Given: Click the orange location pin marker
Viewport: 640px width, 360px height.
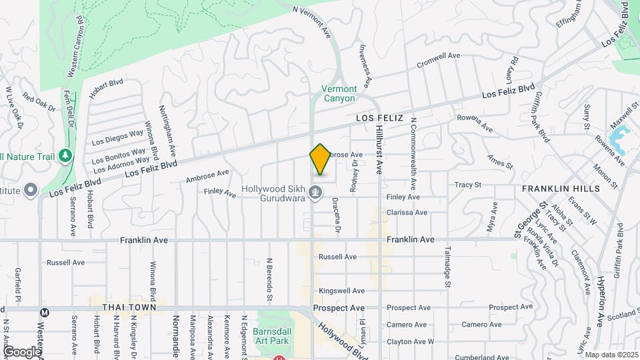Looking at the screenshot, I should tap(320, 159).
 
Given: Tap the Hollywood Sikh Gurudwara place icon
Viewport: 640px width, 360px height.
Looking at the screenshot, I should tap(317, 193).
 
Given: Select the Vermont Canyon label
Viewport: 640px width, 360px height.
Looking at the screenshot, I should tap(339, 93).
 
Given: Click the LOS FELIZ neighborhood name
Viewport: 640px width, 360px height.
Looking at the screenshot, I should tap(379, 118).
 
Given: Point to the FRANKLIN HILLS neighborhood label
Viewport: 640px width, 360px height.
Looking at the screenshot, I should tap(561, 189).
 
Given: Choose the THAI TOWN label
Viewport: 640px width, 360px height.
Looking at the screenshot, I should tap(129, 308).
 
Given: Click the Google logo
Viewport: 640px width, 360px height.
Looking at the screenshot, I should tap(22, 351).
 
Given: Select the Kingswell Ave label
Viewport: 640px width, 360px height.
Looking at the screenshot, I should tap(341, 291).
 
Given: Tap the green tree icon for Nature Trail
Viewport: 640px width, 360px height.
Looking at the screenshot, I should tap(65, 156).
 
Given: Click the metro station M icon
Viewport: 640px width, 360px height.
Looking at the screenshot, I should tap(45, 312).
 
